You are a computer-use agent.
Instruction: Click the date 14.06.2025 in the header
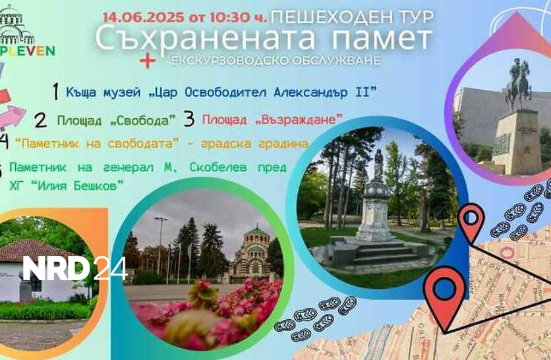(x=144, y=17)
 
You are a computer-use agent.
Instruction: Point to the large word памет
(x=382, y=38)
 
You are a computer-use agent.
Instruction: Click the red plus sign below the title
(x=148, y=61)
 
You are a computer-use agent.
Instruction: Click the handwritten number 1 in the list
(x=55, y=92)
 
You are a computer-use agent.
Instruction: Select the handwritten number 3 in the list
(x=189, y=119)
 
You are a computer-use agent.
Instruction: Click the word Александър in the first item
(x=310, y=92)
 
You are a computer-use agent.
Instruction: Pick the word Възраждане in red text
(x=299, y=119)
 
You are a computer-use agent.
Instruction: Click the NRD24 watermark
(x=75, y=268)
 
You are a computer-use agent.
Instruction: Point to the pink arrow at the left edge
(x=11, y=117)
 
